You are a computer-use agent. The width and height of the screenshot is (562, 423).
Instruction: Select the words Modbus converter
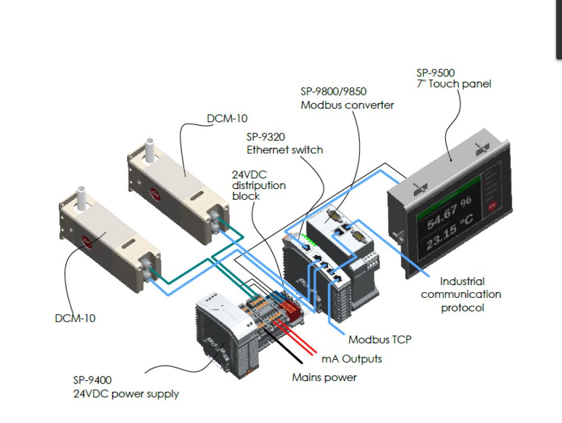[x=347, y=104]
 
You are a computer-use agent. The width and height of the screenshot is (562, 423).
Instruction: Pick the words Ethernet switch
[x=285, y=150]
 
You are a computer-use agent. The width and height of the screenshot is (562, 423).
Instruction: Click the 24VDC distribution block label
[x=259, y=185]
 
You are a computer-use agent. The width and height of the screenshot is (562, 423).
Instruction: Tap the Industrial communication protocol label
[x=461, y=294]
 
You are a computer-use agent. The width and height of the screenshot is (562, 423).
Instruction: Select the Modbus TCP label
[x=380, y=339]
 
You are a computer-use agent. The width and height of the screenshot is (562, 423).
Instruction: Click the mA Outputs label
[x=351, y=358]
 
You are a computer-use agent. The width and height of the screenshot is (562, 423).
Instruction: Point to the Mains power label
[x=324, y=377]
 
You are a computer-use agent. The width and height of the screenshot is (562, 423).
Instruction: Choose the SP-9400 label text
[x=96, y=380]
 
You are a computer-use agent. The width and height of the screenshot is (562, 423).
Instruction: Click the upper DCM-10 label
[x=227, y=118]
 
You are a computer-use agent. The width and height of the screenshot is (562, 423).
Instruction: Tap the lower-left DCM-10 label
[x=75, y=318]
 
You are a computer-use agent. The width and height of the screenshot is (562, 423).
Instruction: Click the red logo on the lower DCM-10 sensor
[x=88, y=242]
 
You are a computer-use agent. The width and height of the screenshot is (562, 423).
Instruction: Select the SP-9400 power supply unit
[x=220, y=330]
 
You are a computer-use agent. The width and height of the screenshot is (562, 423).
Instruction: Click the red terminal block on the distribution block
[x=291, y=306]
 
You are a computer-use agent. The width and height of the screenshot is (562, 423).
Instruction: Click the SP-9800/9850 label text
[x=333, y=92]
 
